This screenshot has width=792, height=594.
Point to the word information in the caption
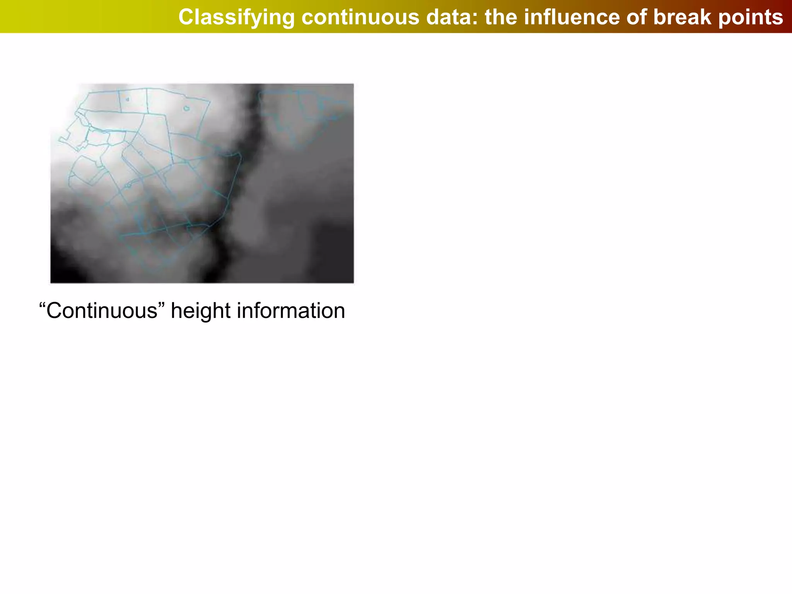[x=291, y=311]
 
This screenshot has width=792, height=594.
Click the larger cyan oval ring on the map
[x=186, y=108]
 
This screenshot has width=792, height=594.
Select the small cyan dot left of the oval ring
[x=127, y=99]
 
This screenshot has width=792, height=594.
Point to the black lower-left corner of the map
[x=62, y=273]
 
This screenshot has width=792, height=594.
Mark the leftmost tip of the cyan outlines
[x=60, y=139]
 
